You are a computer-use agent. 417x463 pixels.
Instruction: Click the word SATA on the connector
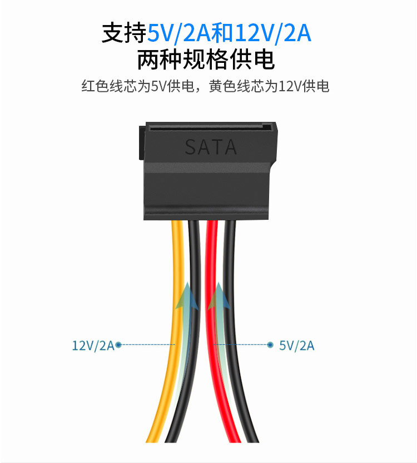click(211, 147)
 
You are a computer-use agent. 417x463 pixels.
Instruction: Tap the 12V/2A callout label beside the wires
click(93, 345)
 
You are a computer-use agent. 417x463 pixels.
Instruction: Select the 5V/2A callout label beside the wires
click(296, 346)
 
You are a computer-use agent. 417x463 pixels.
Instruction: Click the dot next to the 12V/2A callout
click(118, 345)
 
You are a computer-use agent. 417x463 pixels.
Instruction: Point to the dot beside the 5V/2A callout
click(270, 345)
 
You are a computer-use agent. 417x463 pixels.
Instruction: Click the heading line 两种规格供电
click(206, 60)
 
